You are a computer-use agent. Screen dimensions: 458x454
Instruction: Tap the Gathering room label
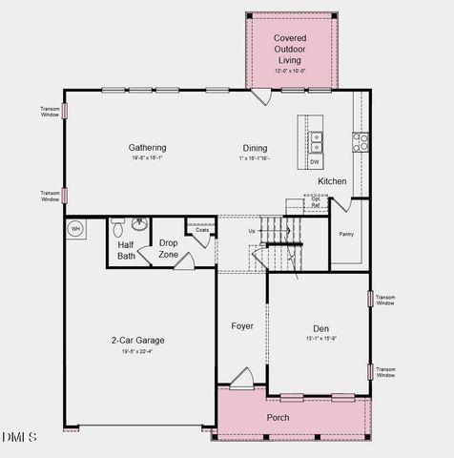(148, 148)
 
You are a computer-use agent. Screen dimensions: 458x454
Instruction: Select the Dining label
(255, 148)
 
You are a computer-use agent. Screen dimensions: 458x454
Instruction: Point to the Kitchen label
(332, 181)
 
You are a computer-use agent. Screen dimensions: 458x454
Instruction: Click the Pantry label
(346, 232)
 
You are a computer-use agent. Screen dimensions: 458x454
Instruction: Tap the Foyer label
(242, 326)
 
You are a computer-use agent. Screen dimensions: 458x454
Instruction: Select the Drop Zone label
(169, 248)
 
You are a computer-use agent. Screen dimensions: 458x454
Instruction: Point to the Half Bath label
(126, 250)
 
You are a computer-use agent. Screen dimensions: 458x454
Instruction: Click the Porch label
(278, 418)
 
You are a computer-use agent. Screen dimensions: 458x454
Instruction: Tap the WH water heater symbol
(76, 229)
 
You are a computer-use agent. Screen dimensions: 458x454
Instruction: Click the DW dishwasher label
(315, 162)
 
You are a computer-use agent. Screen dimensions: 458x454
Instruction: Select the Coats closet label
(202, 230)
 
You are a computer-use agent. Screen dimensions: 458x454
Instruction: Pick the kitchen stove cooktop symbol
(361, 142)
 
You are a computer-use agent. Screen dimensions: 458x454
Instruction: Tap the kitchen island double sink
(315, 142)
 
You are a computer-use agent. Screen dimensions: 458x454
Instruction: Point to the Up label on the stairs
(252, 231)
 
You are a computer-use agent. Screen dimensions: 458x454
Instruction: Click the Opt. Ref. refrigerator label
(316, 202)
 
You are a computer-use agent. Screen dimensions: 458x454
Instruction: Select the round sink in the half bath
(140, 226)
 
